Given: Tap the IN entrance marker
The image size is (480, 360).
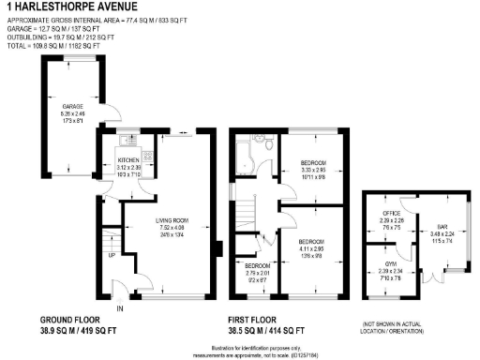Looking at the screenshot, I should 119,307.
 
